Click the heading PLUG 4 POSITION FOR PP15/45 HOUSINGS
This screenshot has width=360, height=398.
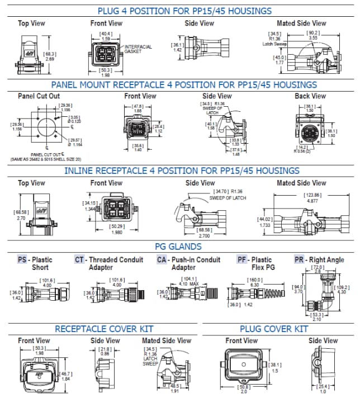click(184, 11)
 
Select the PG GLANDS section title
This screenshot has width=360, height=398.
click(178, 247)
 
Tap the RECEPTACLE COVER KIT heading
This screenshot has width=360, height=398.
click(103, 328)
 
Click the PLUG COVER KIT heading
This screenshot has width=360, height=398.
click(274, 328)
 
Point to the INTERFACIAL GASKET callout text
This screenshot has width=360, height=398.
click(137, 49)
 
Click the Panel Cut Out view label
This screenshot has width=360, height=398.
click(39, 96)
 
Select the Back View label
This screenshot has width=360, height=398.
click(310, 96)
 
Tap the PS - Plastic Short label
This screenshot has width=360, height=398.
click(36, 263)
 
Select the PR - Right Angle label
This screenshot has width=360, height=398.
click(320, 260)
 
